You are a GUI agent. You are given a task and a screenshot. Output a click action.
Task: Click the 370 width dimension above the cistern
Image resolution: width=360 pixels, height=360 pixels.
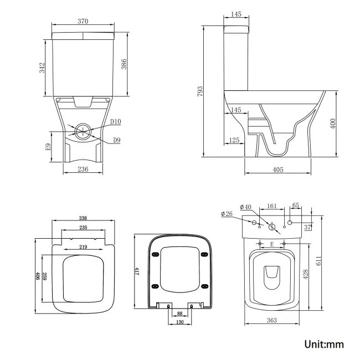(x=84, y=21)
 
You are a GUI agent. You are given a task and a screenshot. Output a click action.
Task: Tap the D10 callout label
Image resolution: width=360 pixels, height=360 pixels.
(x=115, y=122)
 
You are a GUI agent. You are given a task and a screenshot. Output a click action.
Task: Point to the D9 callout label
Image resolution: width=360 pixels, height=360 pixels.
(x=116, y=141)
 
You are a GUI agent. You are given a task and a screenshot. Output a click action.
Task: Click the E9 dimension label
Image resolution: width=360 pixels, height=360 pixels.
(x=48, y=147)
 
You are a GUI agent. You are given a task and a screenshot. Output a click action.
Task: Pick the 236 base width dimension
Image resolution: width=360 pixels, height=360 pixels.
(x=83, y=169)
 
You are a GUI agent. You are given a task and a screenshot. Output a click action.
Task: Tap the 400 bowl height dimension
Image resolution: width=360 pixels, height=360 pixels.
(x=332, y=123)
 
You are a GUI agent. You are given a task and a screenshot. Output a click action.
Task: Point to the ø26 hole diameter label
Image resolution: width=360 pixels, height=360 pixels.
(x=226, y=214)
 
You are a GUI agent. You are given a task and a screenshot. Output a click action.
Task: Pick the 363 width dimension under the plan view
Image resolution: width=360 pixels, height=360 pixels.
(x=272, y=321)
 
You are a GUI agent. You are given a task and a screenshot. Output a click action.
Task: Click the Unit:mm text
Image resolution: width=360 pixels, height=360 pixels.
(x=324, y=344)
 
